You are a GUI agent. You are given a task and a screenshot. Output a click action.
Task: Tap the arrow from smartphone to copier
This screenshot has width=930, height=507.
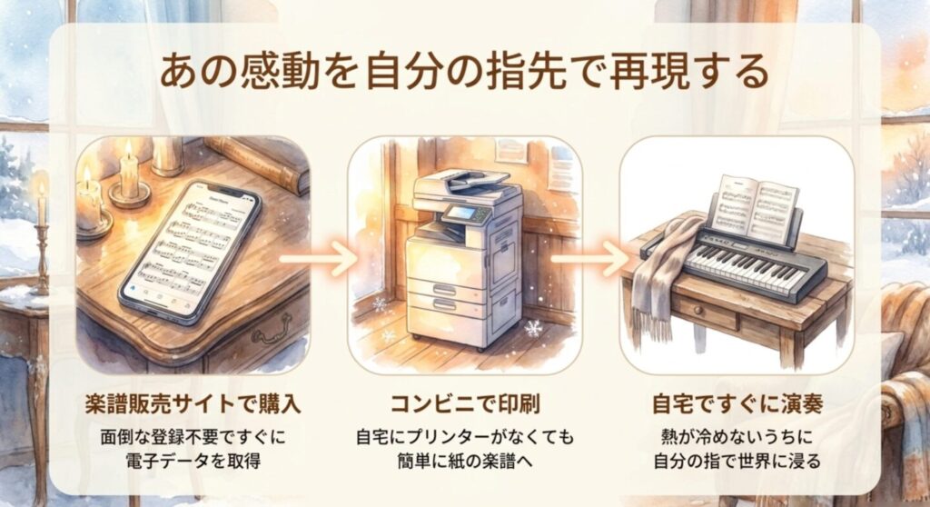pyautogui.click(x=319, y=259)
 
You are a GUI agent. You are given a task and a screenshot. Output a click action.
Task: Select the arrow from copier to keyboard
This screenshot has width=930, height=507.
pyautogui.click(x=590, y=259)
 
